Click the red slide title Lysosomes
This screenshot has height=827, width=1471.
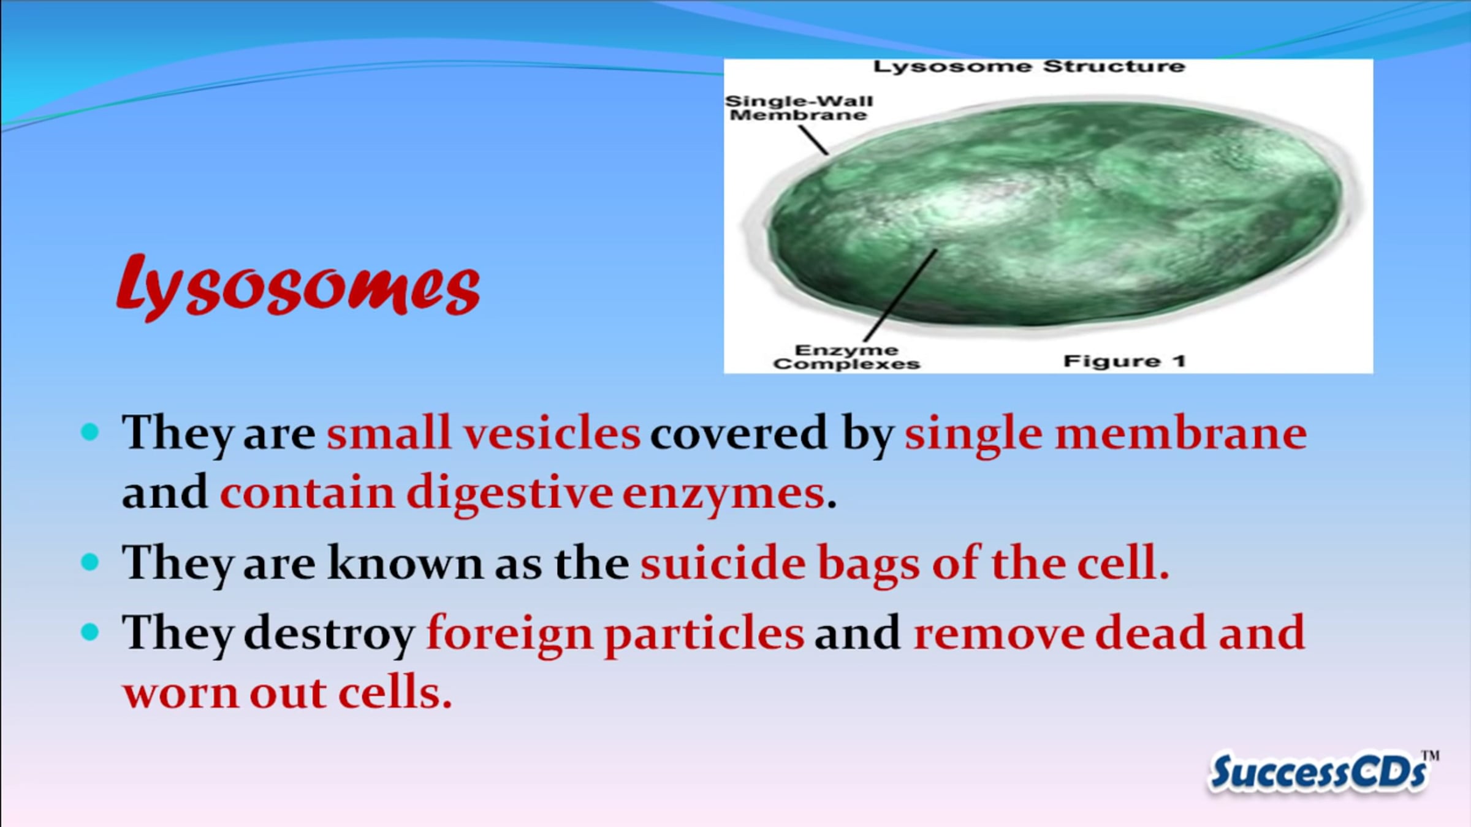click(x=298, y=287)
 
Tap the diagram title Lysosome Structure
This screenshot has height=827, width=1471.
click(x=1029, y=66)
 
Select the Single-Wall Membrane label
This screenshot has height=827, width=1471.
click(x=799, y=108)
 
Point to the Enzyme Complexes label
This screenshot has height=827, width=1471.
click(x=846, y=357)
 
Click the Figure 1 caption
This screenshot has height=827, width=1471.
click(x=1125, y=361)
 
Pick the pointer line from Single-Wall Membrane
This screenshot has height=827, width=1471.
click(x=813, y=140)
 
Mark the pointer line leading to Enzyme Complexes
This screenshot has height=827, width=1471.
click(x=900, y=295)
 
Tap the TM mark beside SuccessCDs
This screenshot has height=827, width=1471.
click(x=1431, y=756)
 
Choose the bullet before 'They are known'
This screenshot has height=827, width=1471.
click(x=89, y=562)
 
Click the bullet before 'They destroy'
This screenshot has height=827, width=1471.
click(x=89, y=632)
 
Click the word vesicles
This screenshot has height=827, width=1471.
click(x=552, y=433)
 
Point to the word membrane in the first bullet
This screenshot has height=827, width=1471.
click(x=1180, y=434)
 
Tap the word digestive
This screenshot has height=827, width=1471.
click(x=509, y=493)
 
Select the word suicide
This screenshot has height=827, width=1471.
click(x=723, y=562)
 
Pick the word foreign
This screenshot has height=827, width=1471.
click(x=509, y=634)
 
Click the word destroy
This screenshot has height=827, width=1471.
click(x=329, y=634)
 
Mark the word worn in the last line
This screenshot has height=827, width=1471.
click(x=181, y=693)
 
